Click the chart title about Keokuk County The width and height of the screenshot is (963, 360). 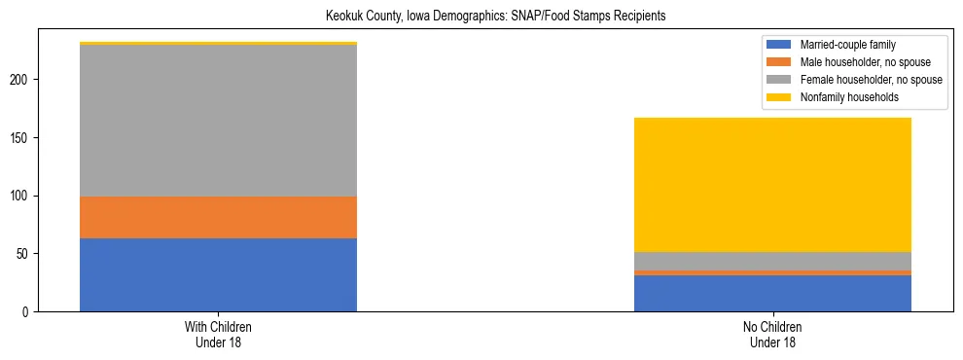pyautogui.click(x=481, y=17)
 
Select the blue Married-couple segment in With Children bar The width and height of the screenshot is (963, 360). pyautogui.click(x=218, y=274)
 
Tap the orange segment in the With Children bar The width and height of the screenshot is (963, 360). pyautogui.click(x=218, y=217)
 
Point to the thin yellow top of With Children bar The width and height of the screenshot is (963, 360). pyautogui.click(x=218, y=44)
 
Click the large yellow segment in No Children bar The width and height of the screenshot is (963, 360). pyautogui.click(x=772, y=185)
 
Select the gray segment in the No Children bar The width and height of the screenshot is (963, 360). pyautogui.click(x=772, y=261)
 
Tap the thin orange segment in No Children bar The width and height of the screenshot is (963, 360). pyautogui.click(x=772, y=272)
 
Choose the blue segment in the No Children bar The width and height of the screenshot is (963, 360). pyautogui.click(x=772, y=293)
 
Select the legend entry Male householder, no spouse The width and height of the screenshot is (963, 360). pyautogui.click(x=856, y=62)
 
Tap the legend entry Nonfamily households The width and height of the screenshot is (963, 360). pyautogui.click(x=842, y=97)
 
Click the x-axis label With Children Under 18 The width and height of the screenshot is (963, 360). pyautogui.click(x=218, y=335)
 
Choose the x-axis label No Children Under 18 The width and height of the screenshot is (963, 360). pyautogui.click(x=772, y=335)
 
